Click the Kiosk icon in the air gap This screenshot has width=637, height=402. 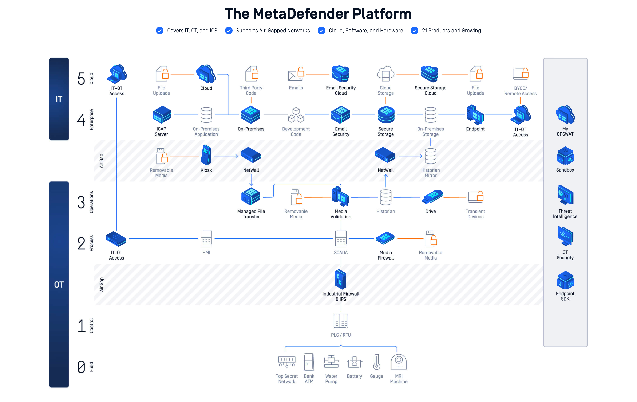coord(206,155)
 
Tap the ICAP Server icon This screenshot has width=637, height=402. coord(162,115)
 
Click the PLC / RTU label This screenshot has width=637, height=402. coord(341,335)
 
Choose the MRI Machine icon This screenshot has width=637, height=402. coord(399,362)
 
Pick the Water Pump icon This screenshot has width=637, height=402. coord(331,362)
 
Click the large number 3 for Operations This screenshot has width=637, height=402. coord(81,202)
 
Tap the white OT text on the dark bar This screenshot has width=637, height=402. coord(59,285)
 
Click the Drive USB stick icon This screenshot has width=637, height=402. coord(432,197)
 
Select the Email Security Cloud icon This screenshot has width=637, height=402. coord(340,74)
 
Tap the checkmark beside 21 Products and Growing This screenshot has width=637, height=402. coord(415,31)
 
